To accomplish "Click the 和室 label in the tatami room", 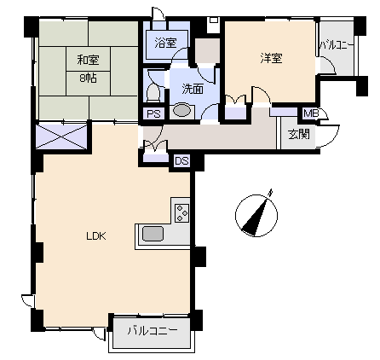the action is pyautogui.click(x=88, y=60).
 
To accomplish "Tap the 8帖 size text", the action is pyautogui.click(x=88, y=78).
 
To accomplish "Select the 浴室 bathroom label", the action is pyautogui.click(x=166, y=43).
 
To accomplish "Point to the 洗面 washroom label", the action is pyautogui.click(x=193, y=89).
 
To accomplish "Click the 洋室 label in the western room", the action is pyautogui.click(x=272, y=58).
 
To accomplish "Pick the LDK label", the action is pyautogui.click(x=96, y=236).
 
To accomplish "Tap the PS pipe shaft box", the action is pyautogui.click(x=154, y=113).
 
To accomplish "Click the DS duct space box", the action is pyautogui.click(x=181, y=161).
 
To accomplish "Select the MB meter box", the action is pyautogui.click(x=310, y=113).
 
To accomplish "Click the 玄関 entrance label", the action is pyautogui.click(x=299, y=134).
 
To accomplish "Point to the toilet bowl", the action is pyautogui.click(x=153, y=92).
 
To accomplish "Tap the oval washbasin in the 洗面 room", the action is pyautogui.click(x=181, y=111).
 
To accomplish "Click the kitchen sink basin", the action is pyautogui.click(x=153, y=234).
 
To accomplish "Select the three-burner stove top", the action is pyautogui.click(x=181, y=213).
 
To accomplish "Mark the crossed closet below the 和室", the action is pyautogui.click(x=61, y=136).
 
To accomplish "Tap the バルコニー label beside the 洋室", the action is pyautogui.click(x=337, y=45).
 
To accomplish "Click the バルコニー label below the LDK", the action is pyautogui.click(x=153, y=331).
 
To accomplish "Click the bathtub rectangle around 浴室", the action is pyautogui.click(x=167, y=44).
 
